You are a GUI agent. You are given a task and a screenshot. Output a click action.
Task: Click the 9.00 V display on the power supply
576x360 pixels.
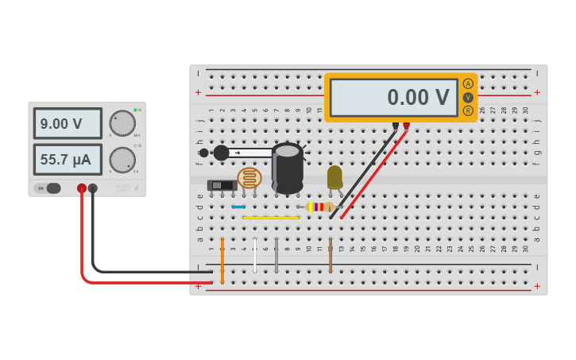coord(68,124)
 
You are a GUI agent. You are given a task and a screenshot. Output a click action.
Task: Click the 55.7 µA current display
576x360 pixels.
coord(68,160)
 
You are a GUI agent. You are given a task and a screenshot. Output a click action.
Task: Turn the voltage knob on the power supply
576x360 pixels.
coord(122,123)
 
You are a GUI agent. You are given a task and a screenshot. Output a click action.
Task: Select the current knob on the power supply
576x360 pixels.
coord(122,160)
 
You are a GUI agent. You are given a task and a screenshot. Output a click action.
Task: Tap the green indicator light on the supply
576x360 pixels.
coord(135,110)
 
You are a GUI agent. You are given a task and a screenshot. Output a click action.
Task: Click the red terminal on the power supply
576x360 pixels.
coord(81,188)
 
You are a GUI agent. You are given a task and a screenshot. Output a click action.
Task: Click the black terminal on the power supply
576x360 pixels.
coord(93,188)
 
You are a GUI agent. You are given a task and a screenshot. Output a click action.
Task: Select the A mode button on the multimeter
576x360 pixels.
coord(468,83)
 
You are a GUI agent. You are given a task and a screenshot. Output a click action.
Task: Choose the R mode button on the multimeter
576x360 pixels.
coord(468,110)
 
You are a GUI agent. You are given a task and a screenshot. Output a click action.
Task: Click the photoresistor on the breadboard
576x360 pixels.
coord(249,178)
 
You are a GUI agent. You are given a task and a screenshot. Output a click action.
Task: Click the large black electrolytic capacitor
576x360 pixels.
coord(287,168)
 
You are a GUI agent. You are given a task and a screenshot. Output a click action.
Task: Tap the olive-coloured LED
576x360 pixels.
coord(334,176)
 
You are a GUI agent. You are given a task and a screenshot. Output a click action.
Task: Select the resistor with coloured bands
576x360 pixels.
coord(319,207)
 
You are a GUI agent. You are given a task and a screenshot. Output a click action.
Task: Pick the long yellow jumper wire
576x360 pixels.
coord(271,217)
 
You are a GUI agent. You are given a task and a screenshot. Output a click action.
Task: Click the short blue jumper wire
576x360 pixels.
coord(238,207)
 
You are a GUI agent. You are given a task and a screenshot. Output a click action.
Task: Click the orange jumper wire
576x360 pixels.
coord(222,260)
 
